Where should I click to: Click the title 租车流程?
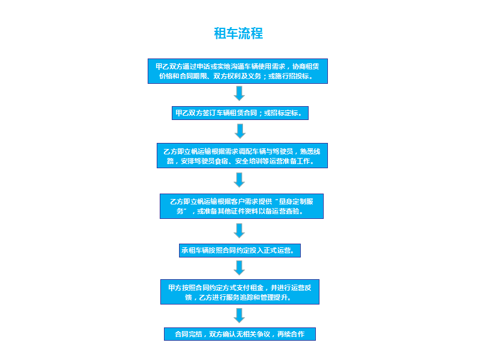pos(238,33)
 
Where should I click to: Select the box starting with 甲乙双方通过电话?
pos(237,71)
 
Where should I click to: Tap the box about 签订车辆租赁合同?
pos(241,113)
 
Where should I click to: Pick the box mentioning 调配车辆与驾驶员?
pos(242,156)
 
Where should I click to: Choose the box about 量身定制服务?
pos(242,206)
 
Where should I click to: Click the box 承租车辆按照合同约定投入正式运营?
pos(240,250)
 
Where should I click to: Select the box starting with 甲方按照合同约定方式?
pos(240,292)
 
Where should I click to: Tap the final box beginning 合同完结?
pos(240,334)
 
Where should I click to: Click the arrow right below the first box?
pos(239,93)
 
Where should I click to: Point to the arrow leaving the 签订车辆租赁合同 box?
pos(241,131)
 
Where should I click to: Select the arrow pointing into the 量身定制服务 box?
pos(239,180)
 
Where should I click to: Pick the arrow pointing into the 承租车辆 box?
pos(239,230)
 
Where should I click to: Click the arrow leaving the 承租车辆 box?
pos(239,268)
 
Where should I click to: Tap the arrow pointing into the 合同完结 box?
pos(239,315)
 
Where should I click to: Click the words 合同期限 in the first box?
pos(193,76)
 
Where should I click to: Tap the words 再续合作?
pos(291,334)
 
